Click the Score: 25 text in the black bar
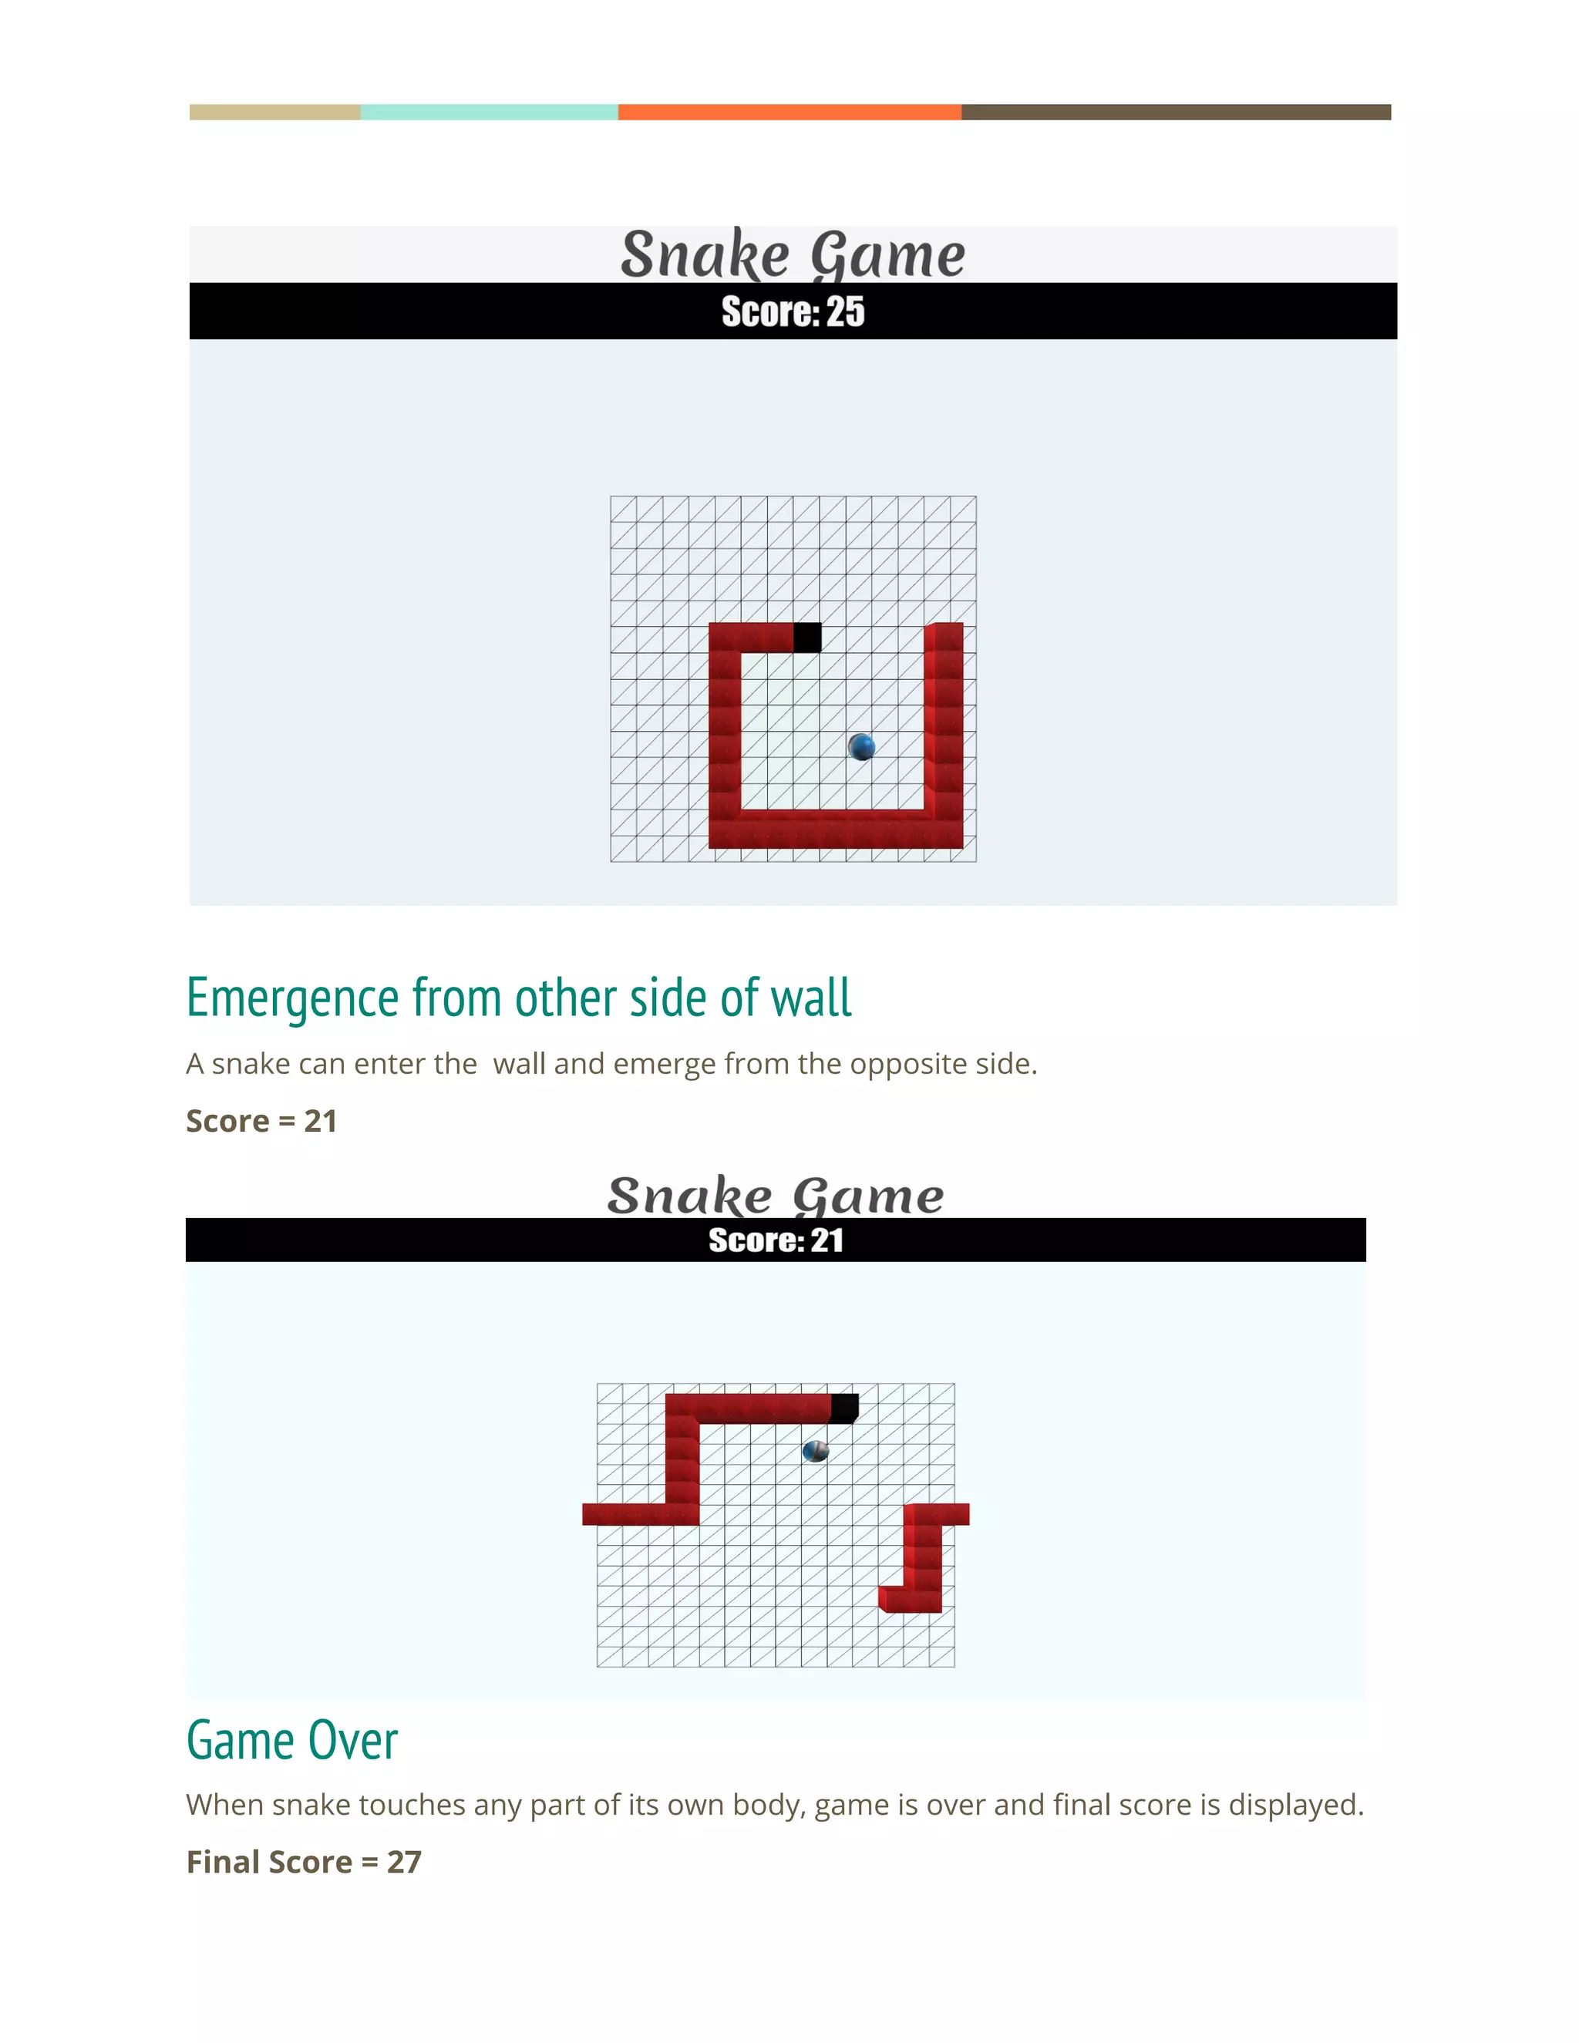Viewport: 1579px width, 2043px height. [793, 311]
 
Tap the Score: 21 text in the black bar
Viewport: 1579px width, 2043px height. [776, 1240]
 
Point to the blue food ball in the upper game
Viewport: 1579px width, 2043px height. [861, 746]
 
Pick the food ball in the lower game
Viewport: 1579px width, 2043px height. [816, 1451]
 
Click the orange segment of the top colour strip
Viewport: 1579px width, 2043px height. [789, 113]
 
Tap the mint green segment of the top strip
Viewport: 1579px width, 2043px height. [488, 113]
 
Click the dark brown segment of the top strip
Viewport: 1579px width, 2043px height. [1176, 113]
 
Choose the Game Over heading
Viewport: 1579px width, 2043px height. [292, 1741]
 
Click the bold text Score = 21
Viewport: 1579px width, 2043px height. [262, 1121]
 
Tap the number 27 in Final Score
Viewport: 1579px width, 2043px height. [404, 1862]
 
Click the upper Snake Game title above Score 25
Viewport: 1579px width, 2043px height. [793, 254]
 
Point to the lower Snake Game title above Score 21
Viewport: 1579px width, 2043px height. [776, 1196]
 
